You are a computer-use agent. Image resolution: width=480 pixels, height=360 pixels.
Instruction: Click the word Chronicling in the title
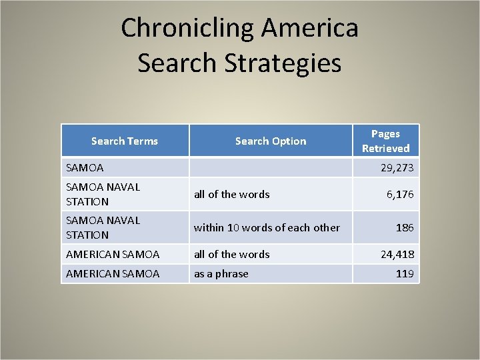(188, 29)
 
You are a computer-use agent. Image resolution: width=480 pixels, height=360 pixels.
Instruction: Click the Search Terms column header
(125, 141)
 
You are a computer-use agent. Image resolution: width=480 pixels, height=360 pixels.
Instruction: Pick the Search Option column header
(271, 141)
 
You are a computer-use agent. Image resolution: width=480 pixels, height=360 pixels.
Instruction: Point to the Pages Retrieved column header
(385, 141)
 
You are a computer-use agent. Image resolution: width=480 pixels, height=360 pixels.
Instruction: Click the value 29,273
(397, 168)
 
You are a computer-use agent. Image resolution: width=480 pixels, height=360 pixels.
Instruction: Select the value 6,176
(400, 194)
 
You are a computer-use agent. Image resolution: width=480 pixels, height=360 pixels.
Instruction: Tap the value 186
(405, 227)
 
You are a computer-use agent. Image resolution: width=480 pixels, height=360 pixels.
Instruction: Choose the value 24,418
(397, 254)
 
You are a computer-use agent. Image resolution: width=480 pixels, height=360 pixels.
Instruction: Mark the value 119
(404, 273)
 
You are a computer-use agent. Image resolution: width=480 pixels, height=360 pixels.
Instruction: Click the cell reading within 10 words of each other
(267, 227)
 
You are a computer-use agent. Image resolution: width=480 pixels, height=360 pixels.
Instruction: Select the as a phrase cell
(221, 273)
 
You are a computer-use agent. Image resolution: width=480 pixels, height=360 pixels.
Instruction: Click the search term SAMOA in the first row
(85, 168)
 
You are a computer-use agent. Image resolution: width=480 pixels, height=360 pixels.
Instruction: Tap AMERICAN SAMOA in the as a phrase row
(113, 273)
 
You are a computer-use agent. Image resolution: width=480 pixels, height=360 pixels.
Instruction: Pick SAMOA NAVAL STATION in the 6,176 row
(103, 194)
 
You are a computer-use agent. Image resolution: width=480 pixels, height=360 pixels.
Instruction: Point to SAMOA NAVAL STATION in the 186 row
(103, 227)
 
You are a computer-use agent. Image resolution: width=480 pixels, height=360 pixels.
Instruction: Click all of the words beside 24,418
(231, 254)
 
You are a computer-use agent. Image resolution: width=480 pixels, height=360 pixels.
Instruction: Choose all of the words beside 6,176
(231, 194)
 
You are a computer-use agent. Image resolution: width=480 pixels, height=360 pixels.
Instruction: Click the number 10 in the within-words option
(233, 227)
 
